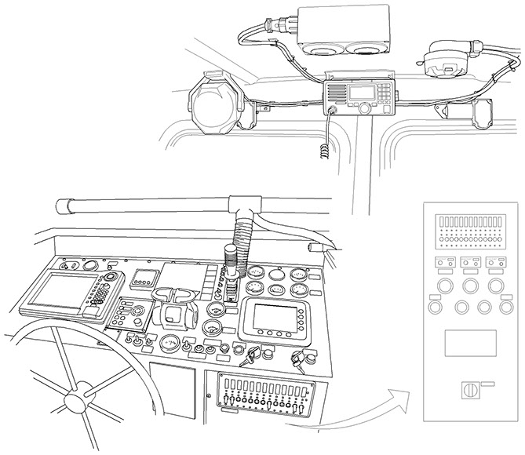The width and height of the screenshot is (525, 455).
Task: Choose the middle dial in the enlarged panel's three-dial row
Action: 470,284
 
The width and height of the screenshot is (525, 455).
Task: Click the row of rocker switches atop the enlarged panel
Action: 469,220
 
